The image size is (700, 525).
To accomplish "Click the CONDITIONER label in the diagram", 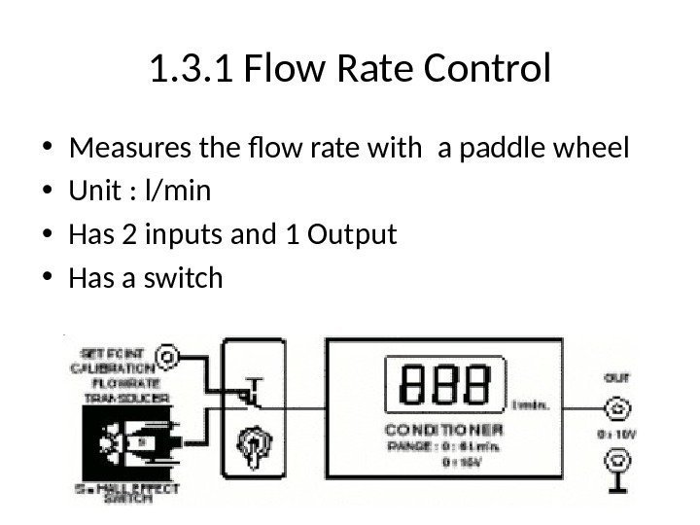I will point(444,429).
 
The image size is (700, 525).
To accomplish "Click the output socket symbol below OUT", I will point(615,409).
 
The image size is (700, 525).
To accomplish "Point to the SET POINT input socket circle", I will point(167,357).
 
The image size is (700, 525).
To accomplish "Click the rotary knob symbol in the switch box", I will point(251,443).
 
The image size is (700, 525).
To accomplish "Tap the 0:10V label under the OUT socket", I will point(615,433).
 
